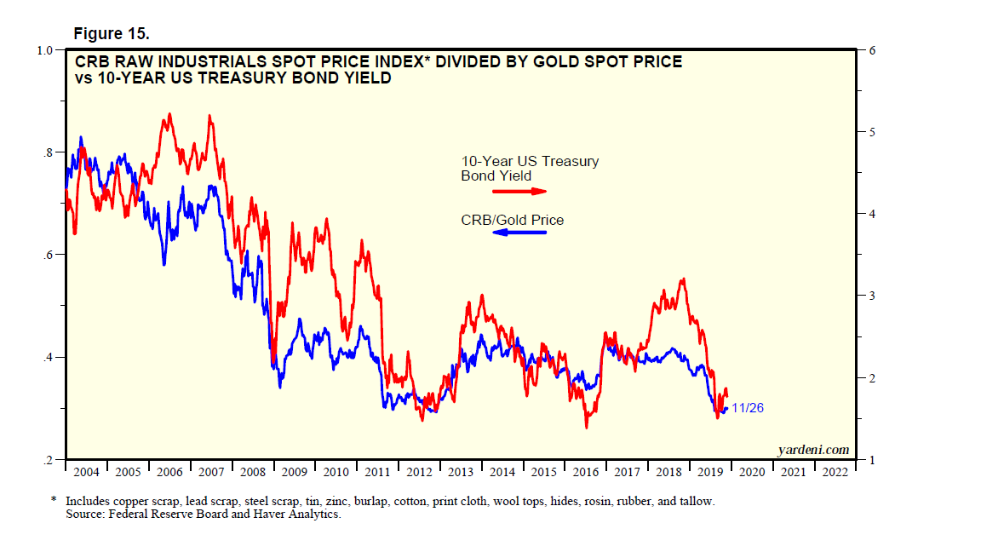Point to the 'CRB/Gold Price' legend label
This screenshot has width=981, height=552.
[512, 220]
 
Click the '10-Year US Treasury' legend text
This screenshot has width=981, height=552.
[530, 162]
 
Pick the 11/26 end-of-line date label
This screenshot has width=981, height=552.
[748, 408]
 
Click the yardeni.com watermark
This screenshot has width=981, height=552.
[813, 450]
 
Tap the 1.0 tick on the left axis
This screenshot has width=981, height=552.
[44, 50]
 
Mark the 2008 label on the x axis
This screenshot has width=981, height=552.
[252, 472]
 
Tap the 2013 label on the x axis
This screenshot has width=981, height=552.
[461, 472]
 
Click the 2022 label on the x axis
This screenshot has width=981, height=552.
[835, 472]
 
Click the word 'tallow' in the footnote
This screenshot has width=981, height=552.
[697, 502]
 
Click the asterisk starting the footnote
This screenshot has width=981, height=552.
[53, 501]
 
